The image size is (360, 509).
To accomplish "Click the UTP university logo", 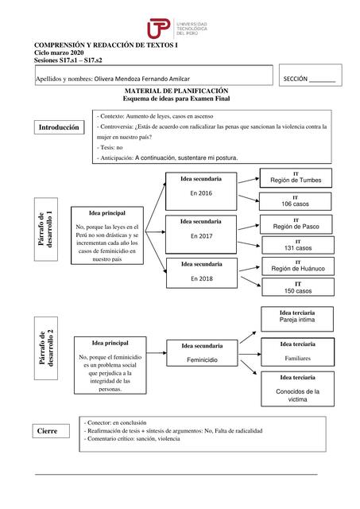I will coord(180,29).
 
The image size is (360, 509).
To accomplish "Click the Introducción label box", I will coord(60,127).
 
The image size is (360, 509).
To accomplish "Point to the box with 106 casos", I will coord(296,200).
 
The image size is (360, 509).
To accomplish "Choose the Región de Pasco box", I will coord(296,223).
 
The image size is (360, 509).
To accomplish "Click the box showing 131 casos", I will coord(297,245).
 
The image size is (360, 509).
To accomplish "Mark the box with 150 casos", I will coord(297,288).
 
